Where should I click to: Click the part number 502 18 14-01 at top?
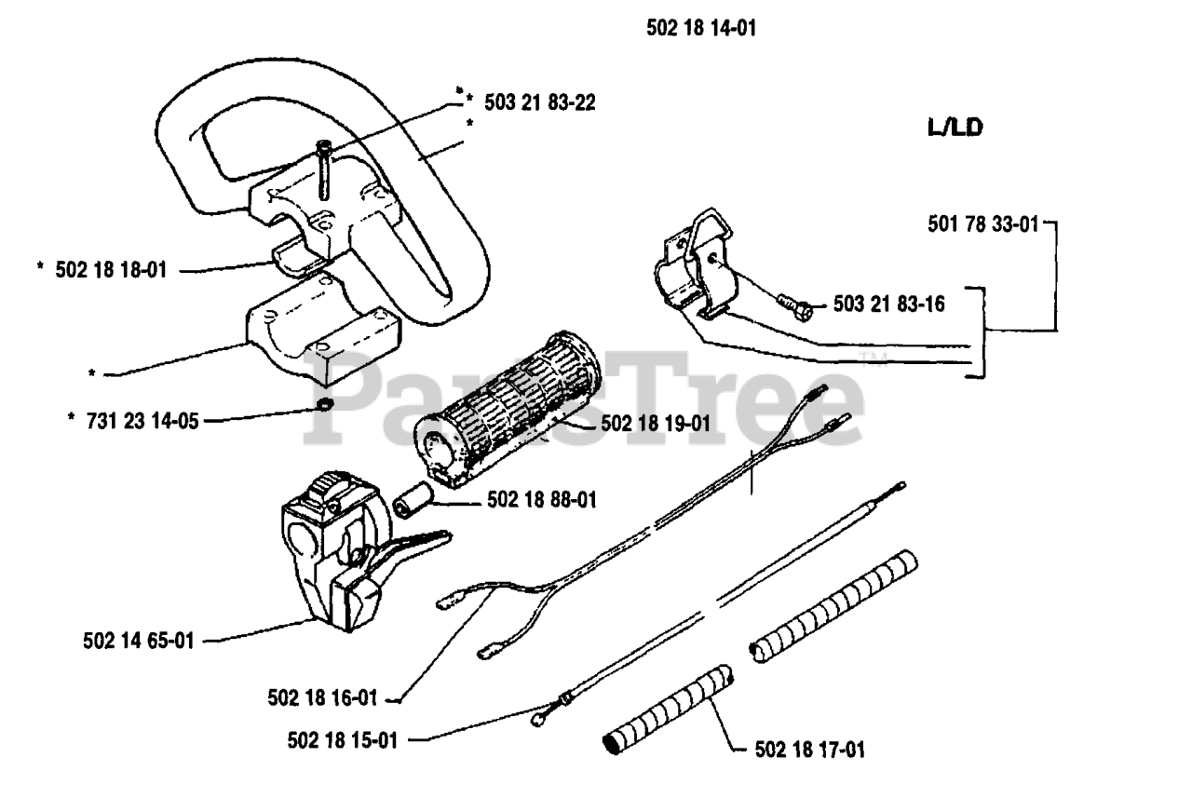coord(700,29)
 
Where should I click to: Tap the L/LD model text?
coord(955,128)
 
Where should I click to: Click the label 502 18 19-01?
coord(656,424)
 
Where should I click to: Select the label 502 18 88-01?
coord(541,502)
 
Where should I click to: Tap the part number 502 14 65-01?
coord(137,641)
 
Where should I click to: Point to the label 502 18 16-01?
coord(322,696)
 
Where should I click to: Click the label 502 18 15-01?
coord(344,740)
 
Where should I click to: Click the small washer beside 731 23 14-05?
coord(324,405)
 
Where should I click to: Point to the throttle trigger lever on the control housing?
coord(410,549)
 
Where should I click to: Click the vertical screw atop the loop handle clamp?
coord(323,168)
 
